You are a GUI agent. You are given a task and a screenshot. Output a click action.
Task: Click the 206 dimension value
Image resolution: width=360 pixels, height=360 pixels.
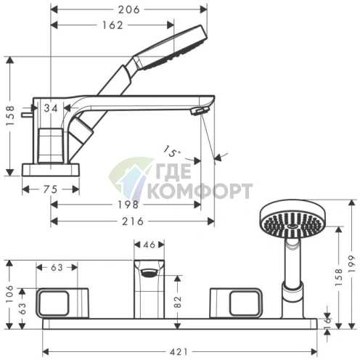pos(129,9)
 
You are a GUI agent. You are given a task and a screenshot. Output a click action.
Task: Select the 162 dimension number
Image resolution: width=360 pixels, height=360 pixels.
pos(112,25)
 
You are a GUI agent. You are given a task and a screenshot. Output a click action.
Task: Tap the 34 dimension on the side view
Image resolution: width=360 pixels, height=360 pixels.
pos(51,108)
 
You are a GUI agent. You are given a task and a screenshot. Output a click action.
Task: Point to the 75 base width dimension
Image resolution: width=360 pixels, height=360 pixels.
pos(50,189)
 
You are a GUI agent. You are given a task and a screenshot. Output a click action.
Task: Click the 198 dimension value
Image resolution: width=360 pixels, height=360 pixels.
pos(128,205)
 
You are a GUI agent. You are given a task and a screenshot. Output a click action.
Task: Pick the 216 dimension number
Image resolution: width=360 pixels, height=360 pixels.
pos(133,221)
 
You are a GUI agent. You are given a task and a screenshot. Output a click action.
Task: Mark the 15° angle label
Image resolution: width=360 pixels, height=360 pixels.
pos(171,152)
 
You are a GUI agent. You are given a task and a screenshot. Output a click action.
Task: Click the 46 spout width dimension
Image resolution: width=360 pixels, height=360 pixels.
pos(149,245)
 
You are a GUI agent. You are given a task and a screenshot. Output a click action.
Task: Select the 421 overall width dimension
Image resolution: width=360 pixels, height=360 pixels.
pos(179,352)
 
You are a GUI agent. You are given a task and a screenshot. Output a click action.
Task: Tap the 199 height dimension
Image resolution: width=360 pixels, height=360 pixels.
pos(352,263)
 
